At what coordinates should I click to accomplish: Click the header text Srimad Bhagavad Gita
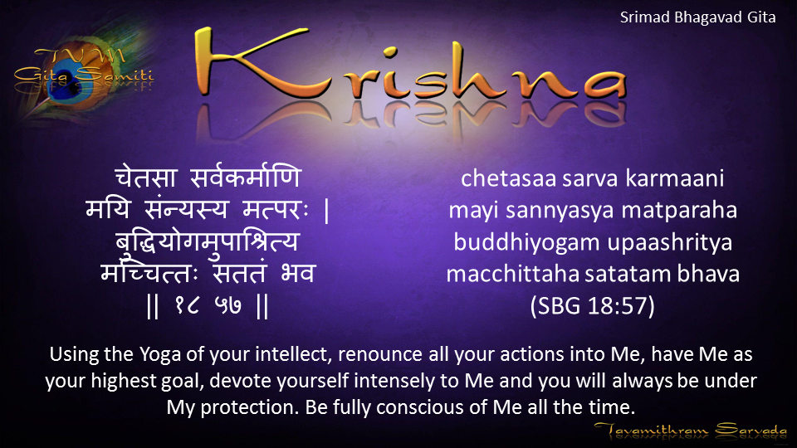[x=697, y=17]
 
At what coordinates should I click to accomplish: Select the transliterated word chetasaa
[x=508, y=178]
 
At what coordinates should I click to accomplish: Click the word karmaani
[x=674, y=178]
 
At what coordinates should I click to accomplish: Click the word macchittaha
[x=513, y=275]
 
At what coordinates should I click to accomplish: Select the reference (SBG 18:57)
[x=592, y=306]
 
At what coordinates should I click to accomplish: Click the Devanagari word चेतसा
[x=146, y=177]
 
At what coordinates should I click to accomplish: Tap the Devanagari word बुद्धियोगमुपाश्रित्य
[x=208, y=241]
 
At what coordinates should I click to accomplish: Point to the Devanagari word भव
[x=298, y=273]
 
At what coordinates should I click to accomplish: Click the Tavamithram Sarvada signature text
[x=690, y=431]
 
